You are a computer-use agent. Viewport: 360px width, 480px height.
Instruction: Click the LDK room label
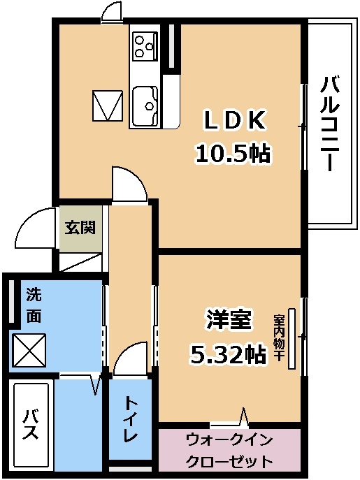click(x=233, y=121)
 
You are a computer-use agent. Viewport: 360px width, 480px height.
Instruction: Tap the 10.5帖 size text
click(x=233, y=153)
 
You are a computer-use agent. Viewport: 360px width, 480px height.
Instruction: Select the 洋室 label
click(x=229, y=319)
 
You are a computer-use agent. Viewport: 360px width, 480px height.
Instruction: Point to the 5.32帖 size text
click(x=228, y=354)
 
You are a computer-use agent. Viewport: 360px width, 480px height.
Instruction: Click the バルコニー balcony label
click(x=330, y=124)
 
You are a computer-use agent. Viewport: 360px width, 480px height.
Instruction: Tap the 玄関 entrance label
click(x=80, y=228)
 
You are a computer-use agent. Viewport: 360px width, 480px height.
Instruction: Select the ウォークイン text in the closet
click(x=229, y=440)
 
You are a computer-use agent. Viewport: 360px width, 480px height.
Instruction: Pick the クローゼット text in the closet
click(x=229, y=460)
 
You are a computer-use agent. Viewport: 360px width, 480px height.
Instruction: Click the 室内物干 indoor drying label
click(x=279, y=337)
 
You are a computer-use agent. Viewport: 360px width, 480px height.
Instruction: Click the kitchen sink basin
click(x=145, y=106)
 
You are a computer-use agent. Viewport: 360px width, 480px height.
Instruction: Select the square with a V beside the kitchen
click(x=108, y=105)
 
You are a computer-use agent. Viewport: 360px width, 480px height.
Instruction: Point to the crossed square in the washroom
click(x=29, y=350)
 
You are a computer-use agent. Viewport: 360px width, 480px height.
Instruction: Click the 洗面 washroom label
click(x=34, y=305)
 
